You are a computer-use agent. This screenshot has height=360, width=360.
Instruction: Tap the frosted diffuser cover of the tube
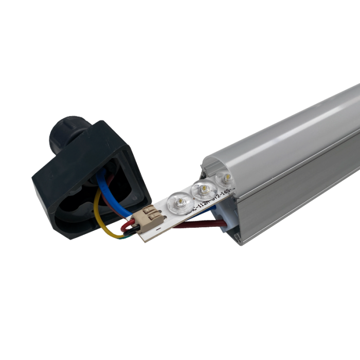click(288, 134)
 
